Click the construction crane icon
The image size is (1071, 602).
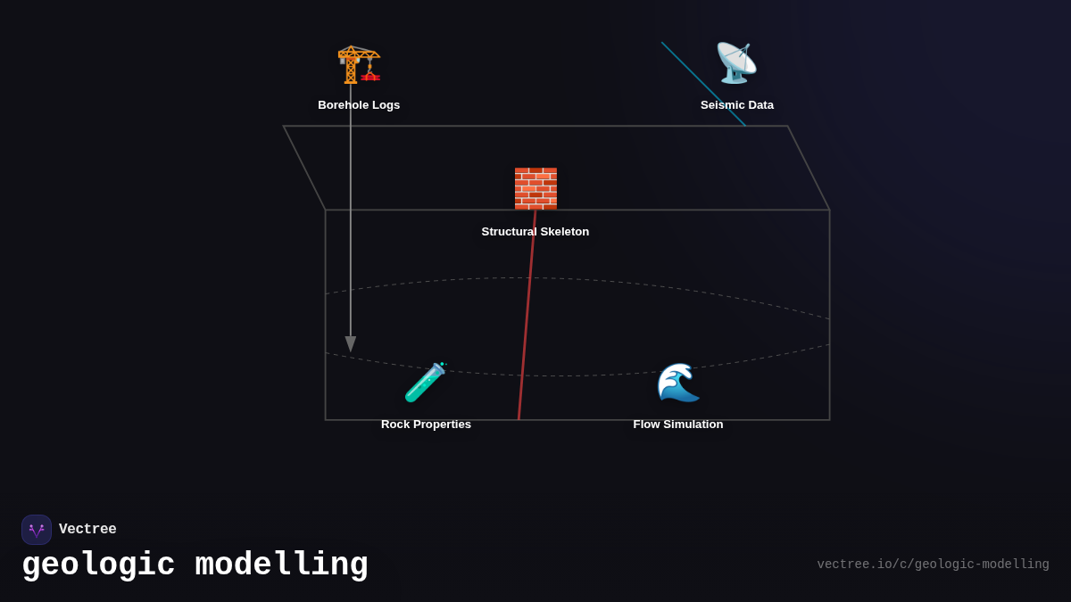coord(359,63)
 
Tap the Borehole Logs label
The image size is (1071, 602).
coord(359,105)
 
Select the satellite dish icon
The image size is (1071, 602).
coord(736,63)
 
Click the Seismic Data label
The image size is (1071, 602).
coord(737,105)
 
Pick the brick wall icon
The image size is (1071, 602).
coord(535,188)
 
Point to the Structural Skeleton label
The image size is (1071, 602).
coord(535,232)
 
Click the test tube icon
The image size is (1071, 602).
coord(426,383)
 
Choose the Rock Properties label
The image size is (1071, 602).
coord(426,425)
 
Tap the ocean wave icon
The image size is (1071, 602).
coord(678,383)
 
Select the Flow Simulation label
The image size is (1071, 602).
coord(678,425)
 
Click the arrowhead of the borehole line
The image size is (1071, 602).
coord(351,343)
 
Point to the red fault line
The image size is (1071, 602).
coord(527,321)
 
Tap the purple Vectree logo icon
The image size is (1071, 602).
coord(37,530)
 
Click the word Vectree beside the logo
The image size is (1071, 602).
coord(87,530)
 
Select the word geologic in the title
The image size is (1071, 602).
coord(98,565)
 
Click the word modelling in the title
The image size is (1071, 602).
coord(281,565)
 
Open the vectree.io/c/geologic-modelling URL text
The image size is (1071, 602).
coord(933,565)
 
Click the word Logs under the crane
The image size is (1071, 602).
coord(385,105)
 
